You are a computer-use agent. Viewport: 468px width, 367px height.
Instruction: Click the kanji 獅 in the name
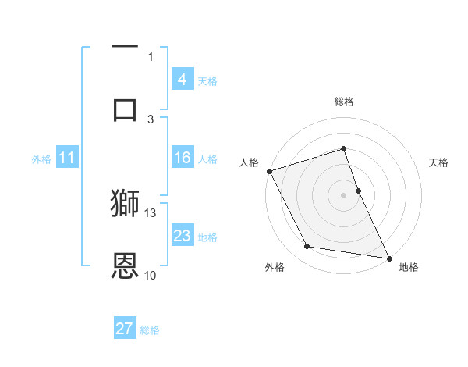click(x=126, y=203)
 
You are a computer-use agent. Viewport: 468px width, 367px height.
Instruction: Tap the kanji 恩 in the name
click(x=126, y=265)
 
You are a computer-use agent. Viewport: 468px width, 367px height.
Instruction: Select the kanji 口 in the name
click(x=126, y=109)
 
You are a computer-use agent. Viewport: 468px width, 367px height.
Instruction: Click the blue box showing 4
click(x=182, y=80)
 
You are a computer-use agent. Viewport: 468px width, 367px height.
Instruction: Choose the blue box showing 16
click(x=182, y=158)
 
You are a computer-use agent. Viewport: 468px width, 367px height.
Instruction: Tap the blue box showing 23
click(x=182, y=236)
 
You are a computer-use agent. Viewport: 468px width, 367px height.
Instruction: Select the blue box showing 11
click(x=66, y=158)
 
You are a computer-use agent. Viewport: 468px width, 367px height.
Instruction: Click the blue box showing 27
click(x=125, y=329)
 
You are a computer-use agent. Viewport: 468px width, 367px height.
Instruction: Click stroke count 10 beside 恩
click(x=151, y=275)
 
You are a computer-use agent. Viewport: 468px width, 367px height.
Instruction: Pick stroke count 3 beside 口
click(x=151, y=119)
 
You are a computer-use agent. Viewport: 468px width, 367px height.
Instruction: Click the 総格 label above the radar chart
click(x=344, y=102)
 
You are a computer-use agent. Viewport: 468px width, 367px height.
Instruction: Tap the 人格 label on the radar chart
click(x=249, y=162)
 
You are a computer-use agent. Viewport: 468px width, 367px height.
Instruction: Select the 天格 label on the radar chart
click(x=439, y=162)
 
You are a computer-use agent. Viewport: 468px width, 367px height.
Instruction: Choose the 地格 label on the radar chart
click(x=409, y=267)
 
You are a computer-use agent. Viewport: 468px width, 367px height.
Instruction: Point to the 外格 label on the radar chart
click(x=275, y=267)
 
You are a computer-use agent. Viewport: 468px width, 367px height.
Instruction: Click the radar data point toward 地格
click(x=388, y=258)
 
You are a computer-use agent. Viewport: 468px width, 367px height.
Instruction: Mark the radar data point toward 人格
click(x=269, y=171)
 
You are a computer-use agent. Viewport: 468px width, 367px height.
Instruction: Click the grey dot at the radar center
click(x=344, y=195)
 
